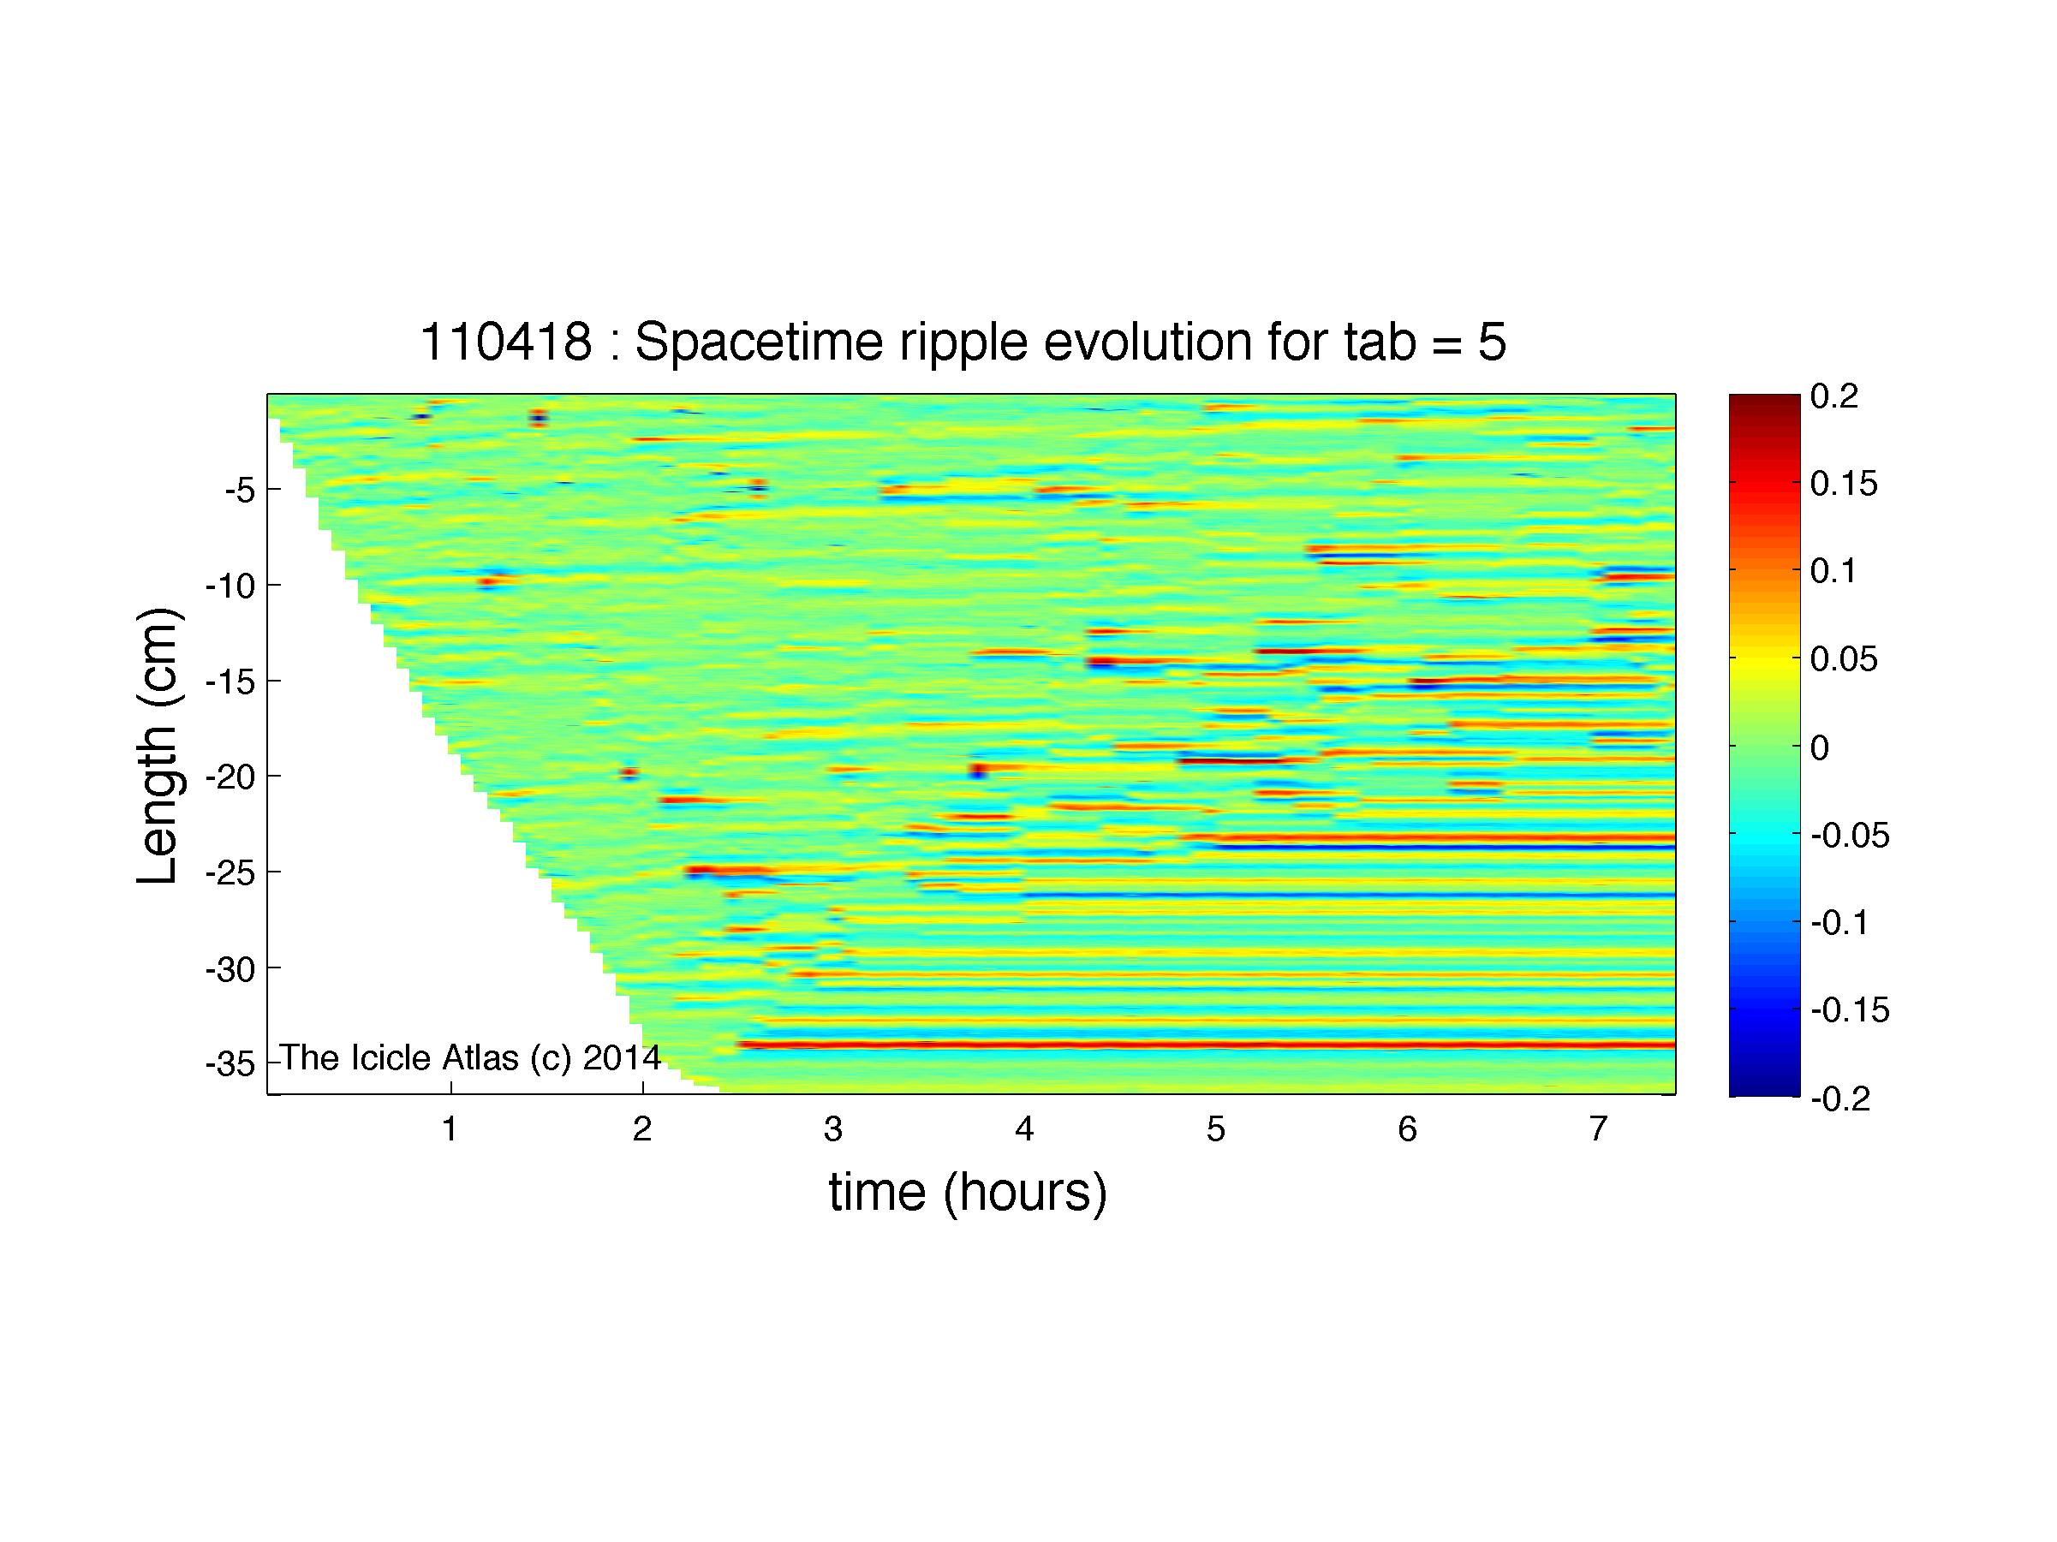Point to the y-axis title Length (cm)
tap(158, 747)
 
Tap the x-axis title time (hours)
tap(968, 1193)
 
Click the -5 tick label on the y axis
tap(240, 490)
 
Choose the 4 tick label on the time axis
tap(1025, 1129)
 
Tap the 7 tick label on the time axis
tap(1599, 1129)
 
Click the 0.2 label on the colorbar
tap(1834, 397)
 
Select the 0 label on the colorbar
tap(1821, 747)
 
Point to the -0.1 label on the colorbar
tap(1840, 923)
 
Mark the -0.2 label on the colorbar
tap(1840, 1099)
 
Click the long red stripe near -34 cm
tap(1206, 1045)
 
